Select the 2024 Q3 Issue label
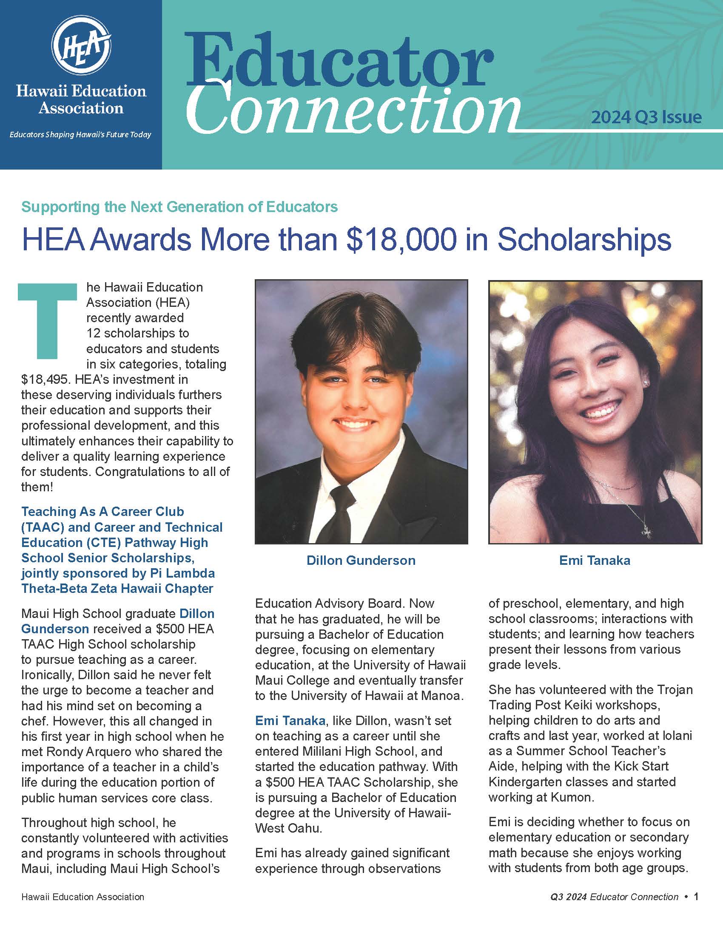[x=646, y=117]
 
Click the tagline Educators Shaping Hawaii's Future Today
[x=80, y=135]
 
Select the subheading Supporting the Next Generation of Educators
[x=179, y=207]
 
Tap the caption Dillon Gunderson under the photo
[x=361, y=561]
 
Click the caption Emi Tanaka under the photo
[x=595, y=561]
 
